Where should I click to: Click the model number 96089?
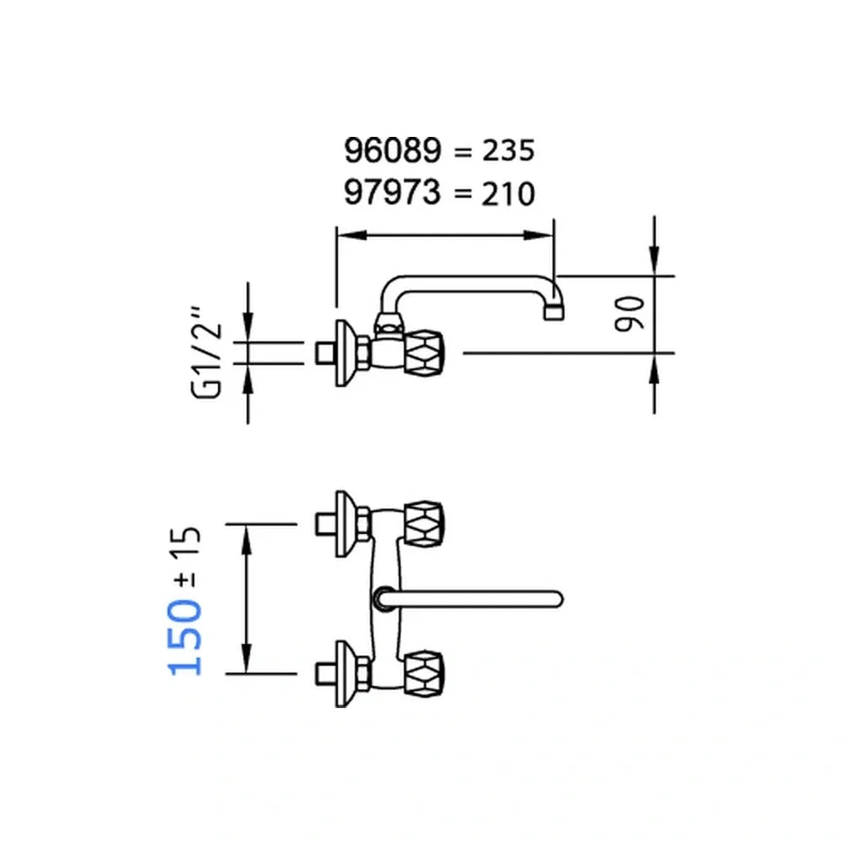tap(393, 150)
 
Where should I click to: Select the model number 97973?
tap(393, 193)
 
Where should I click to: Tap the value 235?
tap(507, 151)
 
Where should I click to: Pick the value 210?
tap(507, 194)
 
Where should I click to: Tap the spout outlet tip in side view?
tap(552, 311)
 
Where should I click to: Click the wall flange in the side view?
tap(343, 353)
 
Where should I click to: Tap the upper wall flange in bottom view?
tap(343, 524)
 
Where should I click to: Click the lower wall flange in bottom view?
tap(343, 673)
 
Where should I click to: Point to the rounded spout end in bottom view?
tap(554, 598)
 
